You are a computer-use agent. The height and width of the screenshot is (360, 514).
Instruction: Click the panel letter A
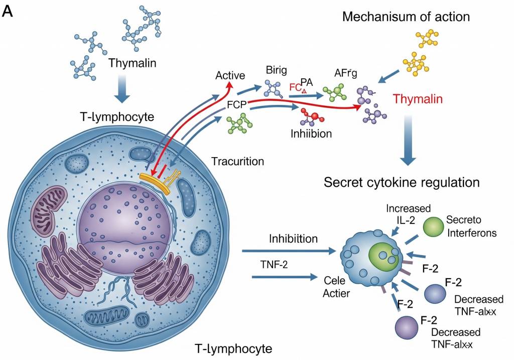pyautogui.click(x=8, y=11)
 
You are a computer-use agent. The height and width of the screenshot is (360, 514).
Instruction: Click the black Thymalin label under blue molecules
pyautogui.click(x=133, y=63)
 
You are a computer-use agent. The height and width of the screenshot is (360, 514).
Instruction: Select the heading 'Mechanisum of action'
pyautogui.click(x=406, y=17)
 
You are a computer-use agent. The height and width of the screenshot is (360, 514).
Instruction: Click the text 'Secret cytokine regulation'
pyautogui.click(x=402, y=182)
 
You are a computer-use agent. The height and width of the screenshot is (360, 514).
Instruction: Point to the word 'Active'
pyautogui.click(x=230, y=76)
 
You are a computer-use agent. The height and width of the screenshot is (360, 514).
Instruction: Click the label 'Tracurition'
pyautogui.click(x=237, y=162)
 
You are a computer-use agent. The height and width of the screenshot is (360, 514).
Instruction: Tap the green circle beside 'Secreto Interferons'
pyautogui.click(x=434, y=227)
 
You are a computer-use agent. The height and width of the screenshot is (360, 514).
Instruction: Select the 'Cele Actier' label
pyautogui.click(x=336, y=286)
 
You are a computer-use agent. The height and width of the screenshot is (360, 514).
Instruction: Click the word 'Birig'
pyautogui.click(x=275, y=71)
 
